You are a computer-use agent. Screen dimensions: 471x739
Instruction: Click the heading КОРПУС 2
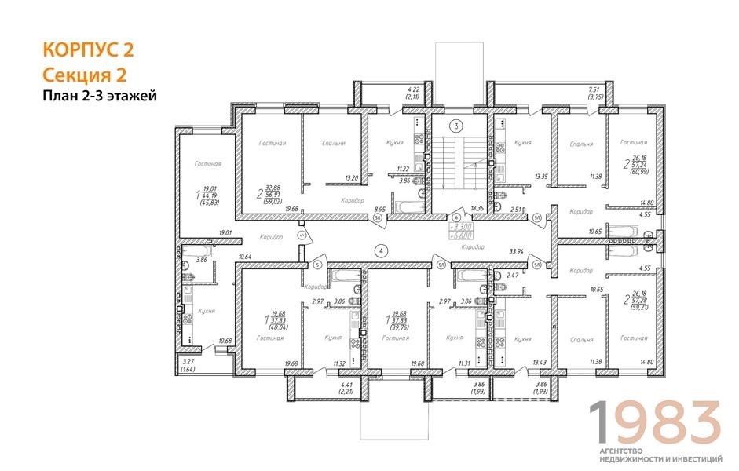click(87, 50)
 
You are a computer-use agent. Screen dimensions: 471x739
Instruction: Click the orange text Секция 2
click(84, 74)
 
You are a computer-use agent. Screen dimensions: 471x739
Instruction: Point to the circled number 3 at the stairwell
click(455, 126)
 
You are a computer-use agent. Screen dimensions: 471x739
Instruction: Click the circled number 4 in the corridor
click(380, 251)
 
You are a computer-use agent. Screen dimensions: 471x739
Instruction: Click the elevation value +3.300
click(460, 225)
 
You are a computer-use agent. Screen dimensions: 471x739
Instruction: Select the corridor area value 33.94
click(516, 252)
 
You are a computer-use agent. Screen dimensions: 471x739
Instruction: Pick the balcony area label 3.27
click(188, 362)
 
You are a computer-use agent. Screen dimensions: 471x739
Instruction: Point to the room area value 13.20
click(352, 177)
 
